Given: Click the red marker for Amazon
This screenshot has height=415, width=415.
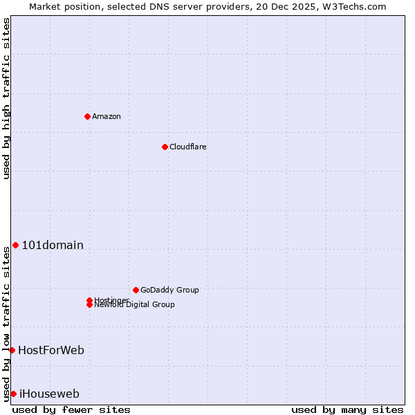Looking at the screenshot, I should pos(87,116).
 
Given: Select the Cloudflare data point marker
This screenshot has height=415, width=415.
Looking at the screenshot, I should pos(165,147).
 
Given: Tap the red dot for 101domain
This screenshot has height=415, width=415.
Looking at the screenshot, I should pos(15,245).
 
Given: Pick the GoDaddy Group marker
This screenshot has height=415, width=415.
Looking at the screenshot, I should pos(136,290).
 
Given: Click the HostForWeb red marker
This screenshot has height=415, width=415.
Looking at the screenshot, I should pos(12,350).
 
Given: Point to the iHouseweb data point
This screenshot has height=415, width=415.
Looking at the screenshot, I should pos(13,394).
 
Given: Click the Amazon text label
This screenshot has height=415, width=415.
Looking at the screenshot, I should pos(107,116).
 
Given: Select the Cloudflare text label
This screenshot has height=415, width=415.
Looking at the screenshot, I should pos(188,147).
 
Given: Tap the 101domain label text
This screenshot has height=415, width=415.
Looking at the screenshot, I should pos(53,245).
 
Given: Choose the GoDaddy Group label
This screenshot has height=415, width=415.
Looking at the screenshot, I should pos(169,290).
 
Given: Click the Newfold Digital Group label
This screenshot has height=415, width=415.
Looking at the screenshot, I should pos(134,305).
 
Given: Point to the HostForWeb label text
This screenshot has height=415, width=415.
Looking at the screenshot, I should pos(51,350).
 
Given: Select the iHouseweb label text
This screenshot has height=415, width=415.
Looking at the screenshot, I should pos(49,394).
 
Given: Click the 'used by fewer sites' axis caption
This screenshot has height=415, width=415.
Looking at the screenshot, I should pos(71,409).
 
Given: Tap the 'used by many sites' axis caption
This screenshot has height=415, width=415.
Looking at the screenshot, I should pos(347,409).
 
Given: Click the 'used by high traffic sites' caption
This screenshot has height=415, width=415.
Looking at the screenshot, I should pos(7,98).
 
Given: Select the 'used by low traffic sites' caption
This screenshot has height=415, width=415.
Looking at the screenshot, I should pos(7,324).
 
